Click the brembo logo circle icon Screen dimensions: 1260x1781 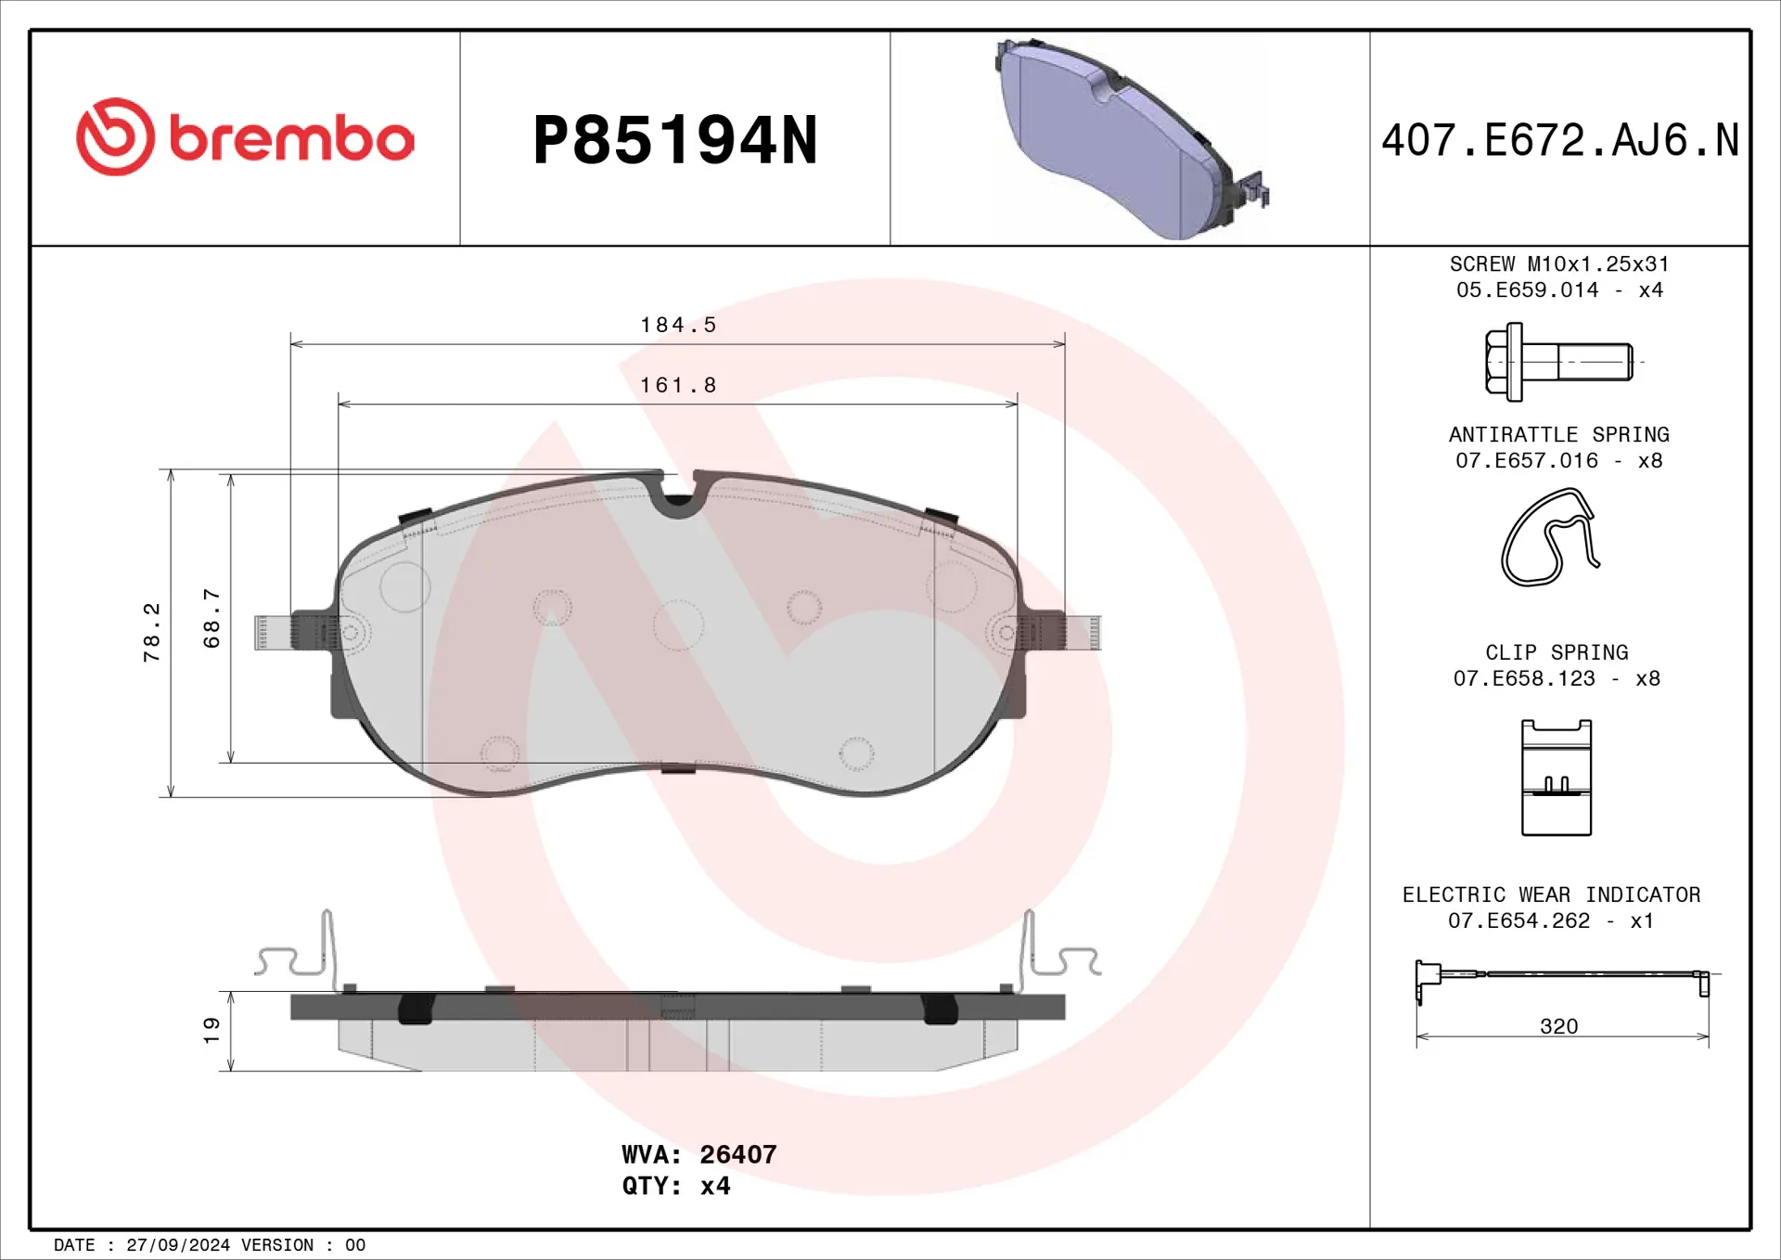tap(115, 137)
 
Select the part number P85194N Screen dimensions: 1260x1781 tap(675, 141)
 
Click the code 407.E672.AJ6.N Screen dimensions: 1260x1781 tap(1560, 141)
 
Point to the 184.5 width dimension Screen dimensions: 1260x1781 tap(678, 325)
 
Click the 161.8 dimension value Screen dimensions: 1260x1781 tap(678, 385)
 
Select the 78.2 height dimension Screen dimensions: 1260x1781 tap(151, 632)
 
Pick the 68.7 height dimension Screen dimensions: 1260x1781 tap(211, 618)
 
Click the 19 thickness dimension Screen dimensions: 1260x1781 tap(211, 1029)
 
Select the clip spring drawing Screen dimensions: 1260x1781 tap(1556, 778)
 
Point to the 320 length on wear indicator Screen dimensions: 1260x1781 tap(1558, 1026)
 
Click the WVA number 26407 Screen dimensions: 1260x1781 tap(737, 1154)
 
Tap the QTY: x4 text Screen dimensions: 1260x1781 tap(675, 1186)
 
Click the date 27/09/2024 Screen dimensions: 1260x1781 tap(178, 1245)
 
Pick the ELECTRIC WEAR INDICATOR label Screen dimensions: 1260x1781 tap(1551, 894)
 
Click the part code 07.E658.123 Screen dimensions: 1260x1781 tap(1524, 678)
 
